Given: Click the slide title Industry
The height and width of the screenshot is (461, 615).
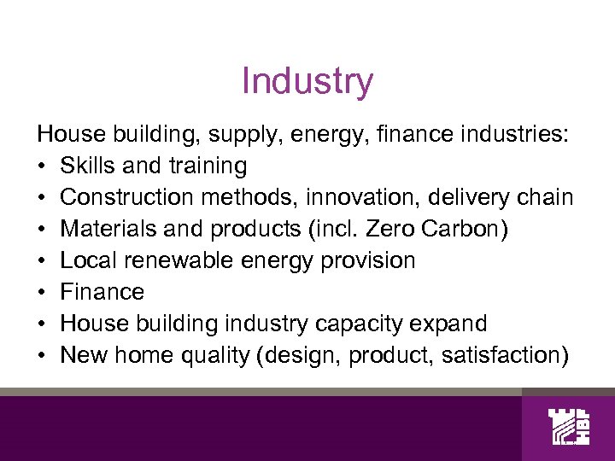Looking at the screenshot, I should (307, 82).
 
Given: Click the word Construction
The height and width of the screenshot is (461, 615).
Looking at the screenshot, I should (128, 196).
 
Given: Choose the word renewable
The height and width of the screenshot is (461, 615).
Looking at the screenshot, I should (173, 260).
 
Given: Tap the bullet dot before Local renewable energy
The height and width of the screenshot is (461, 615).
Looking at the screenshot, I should (41, 260).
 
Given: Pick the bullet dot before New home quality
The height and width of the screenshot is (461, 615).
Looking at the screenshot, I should (41, 355).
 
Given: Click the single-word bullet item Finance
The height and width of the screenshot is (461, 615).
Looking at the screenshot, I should (102, 292).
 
